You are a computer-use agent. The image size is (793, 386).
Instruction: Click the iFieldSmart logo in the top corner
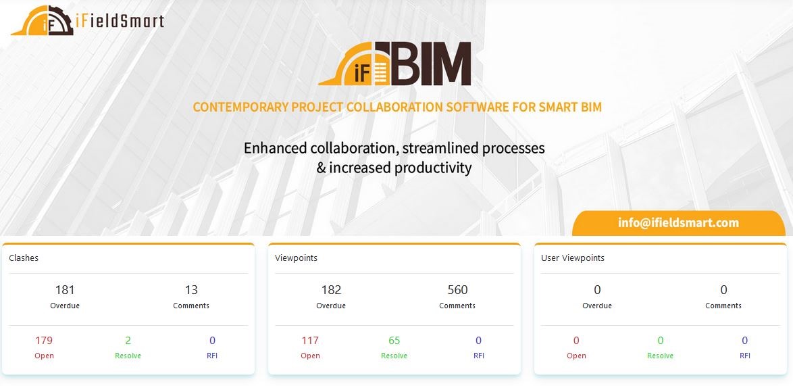88,20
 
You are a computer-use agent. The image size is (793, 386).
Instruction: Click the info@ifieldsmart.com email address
678,222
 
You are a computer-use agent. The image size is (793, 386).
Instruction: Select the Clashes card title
24,258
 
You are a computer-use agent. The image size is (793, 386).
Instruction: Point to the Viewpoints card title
297,258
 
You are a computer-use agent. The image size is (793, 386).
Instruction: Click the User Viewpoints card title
573,258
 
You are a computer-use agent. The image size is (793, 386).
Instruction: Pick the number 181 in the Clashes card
65,290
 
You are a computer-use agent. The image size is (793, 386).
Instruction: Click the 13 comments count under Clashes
191,290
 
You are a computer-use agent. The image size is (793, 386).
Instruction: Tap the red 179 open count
44,341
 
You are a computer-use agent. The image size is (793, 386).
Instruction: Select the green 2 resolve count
128,341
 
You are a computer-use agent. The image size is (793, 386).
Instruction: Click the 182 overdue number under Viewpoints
331,290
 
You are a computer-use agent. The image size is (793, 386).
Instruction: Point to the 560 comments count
458,290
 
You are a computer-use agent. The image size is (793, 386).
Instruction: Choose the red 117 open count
310,341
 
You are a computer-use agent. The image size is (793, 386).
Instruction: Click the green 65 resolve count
394,341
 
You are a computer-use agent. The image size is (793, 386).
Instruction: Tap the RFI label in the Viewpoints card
478,356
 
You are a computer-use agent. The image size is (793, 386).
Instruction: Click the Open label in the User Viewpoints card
576,356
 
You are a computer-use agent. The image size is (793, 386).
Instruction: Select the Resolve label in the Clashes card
128,356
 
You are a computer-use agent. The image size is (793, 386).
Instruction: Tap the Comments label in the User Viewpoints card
723,306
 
